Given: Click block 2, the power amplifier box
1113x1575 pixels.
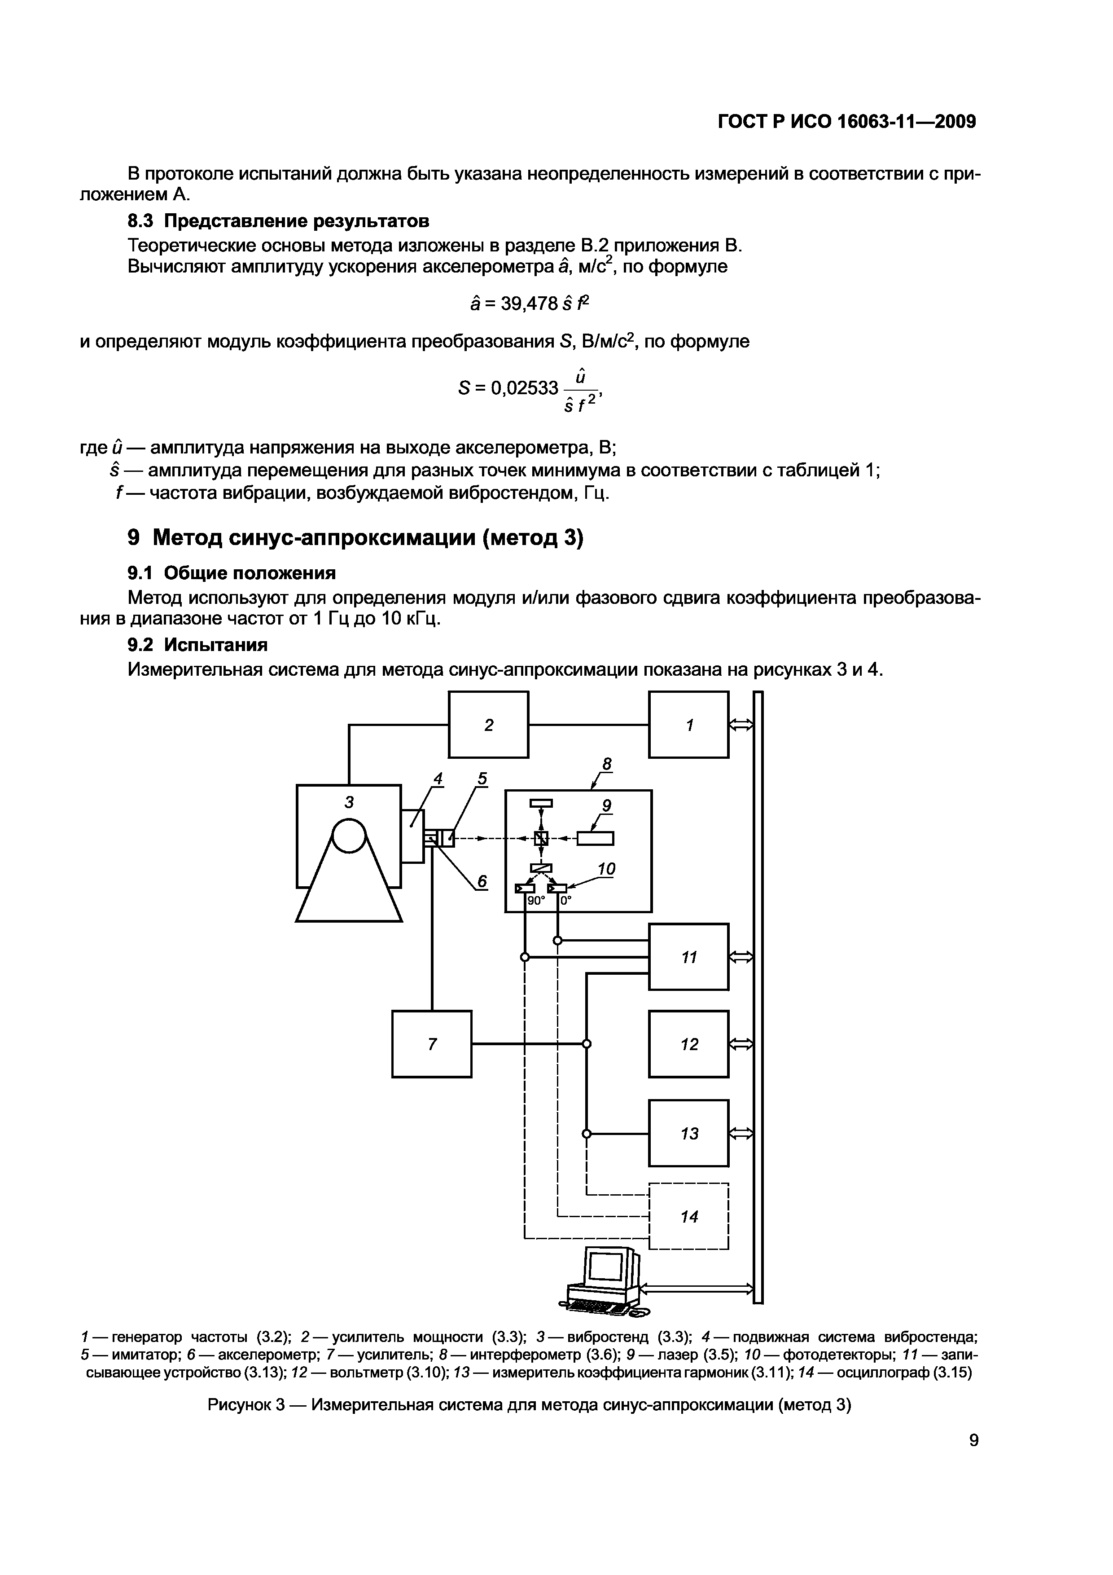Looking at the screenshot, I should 488,724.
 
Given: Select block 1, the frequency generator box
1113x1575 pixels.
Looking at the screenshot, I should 688,724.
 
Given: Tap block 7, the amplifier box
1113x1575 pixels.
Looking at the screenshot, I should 431,1044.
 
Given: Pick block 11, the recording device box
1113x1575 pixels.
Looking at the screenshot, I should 688,957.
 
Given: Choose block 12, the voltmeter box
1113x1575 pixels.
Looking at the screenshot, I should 688,1044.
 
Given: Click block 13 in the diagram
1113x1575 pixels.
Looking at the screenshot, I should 688,1133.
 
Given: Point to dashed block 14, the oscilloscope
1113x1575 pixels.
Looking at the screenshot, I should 688,1216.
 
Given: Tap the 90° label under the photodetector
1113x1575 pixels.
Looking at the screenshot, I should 535,901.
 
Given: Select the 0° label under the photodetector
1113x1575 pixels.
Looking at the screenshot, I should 566,901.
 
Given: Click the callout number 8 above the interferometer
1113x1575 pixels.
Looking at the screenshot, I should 606,764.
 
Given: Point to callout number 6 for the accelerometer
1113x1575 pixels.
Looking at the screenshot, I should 482,881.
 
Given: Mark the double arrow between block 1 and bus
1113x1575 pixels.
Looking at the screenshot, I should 741,724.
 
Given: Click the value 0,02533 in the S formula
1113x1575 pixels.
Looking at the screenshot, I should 525,388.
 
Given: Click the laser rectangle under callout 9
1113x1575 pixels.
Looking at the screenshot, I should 595,838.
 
